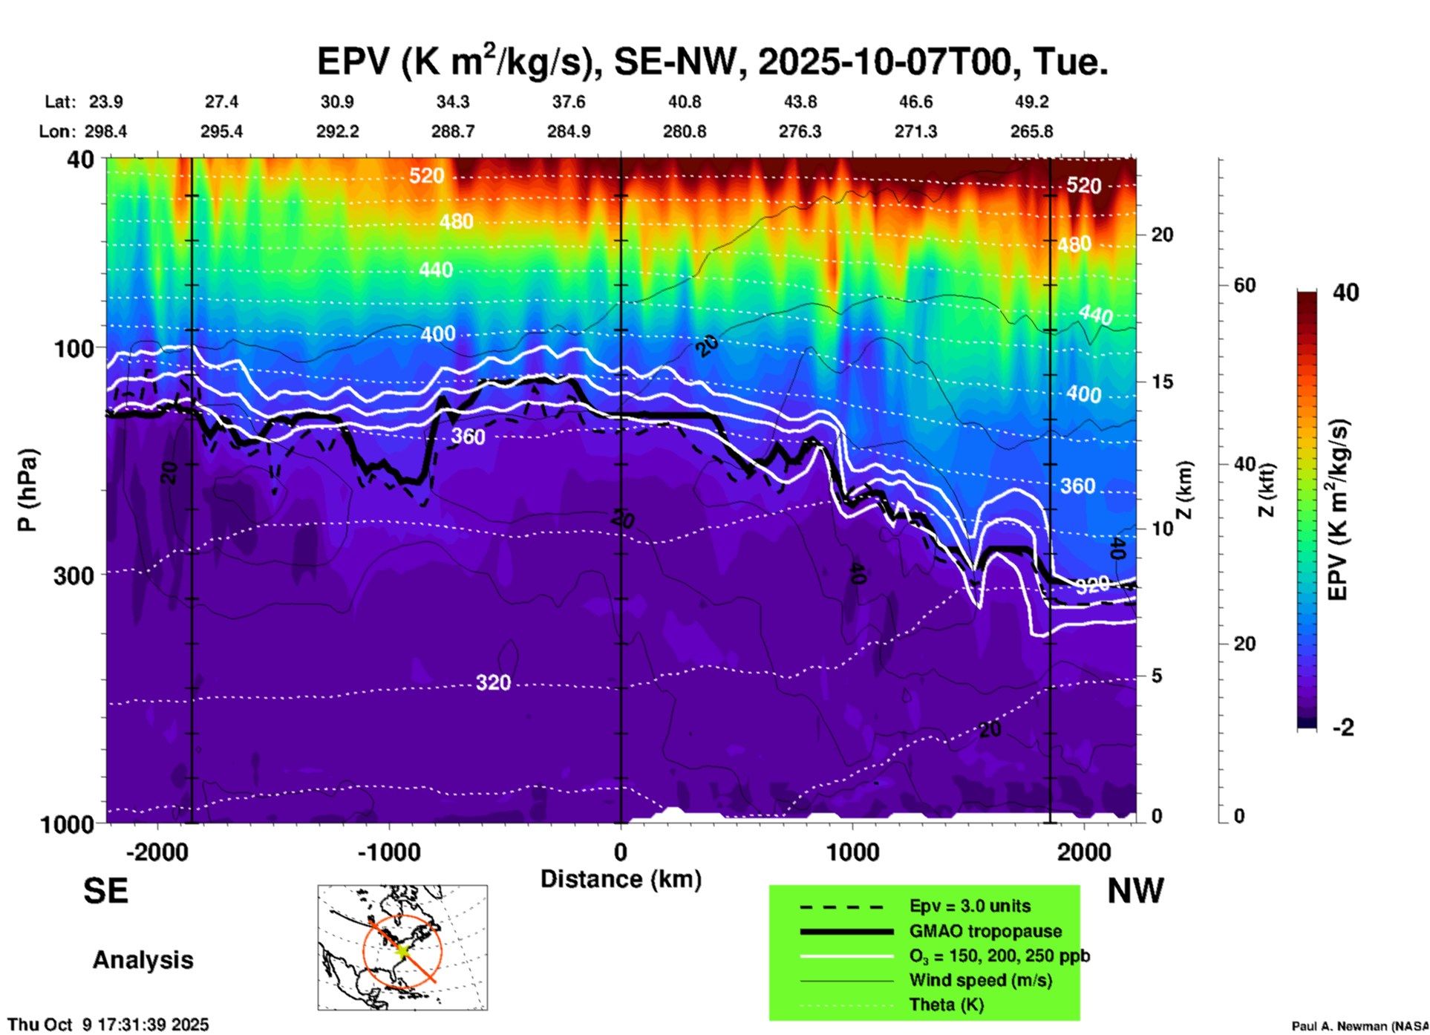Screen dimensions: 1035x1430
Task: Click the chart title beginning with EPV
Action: click(x=713, y=61)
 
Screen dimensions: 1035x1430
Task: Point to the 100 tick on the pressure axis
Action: click(x=74, y=347)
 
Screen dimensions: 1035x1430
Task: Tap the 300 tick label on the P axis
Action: click(x=74, y=575)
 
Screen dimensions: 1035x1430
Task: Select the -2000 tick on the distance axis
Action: click(x=157, y=852)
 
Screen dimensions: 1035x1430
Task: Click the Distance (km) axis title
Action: click(x=621, y=879)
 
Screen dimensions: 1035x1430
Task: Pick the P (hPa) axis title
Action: click(x=27, y=490)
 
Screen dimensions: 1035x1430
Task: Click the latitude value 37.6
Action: click(x=569, y=102)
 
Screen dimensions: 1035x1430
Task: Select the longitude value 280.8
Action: click(x=685, y=131)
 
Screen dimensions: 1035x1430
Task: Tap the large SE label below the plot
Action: click(x=105, y=891)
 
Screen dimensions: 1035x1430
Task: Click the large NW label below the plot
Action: click(x=1135, y=891)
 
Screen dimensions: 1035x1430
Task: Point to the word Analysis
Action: click(x=143, y=960)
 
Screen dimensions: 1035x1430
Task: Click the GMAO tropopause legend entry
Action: click(x=985, y=931)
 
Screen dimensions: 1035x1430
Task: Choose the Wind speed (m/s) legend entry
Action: click(x=980, y=980)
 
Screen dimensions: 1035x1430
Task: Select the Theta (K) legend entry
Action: click(x=946, y=1005)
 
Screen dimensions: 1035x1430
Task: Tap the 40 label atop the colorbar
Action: click(x=1345, y=293)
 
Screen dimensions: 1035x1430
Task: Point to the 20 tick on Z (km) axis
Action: click(x=1162, y=235)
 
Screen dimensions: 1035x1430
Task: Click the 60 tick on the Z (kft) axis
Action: click(x=1244, y=285)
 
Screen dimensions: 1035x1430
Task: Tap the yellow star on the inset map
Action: click(x=402, y=950)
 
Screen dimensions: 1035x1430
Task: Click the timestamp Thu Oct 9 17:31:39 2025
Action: click(x=108, y=1025)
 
